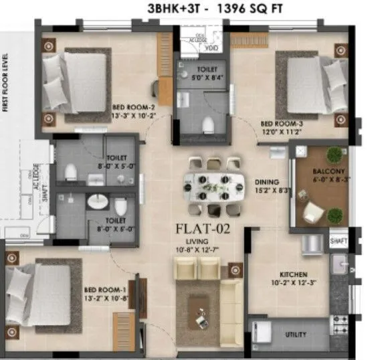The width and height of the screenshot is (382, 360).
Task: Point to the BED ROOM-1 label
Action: [x=101, y=288]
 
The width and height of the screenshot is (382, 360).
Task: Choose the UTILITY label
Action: [x=296, y=334]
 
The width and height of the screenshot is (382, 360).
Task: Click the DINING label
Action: [x=267, y=181]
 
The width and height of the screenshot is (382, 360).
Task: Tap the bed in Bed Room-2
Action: [x=75, y=82]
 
